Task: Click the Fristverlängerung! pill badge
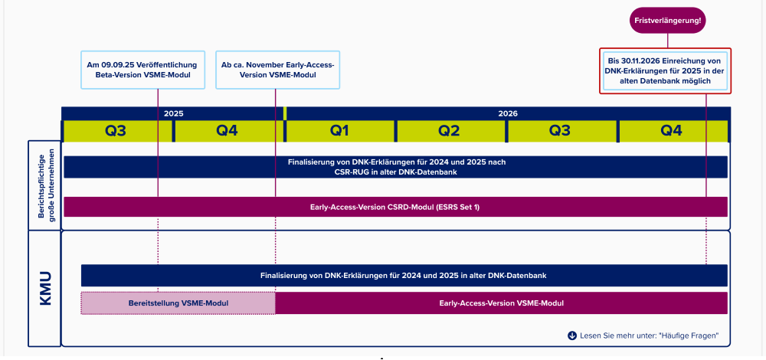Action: click(667, 21)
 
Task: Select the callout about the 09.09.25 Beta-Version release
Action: click(142, 70)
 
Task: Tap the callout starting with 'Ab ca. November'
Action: click(277, 70)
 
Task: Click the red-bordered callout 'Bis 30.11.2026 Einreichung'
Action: click(665, 70)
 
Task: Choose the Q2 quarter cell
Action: click(450, 131)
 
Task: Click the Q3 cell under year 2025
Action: click(116, 131)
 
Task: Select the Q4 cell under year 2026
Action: click(673, 131)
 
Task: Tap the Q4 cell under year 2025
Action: click(228, 131)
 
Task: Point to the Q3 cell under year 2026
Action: click(561, 131)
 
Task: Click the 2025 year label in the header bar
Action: click(173, 113)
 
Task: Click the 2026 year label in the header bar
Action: click(508, 113)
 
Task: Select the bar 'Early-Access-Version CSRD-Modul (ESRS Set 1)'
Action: click(396, 207)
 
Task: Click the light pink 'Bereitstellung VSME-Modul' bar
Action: click(178, 303)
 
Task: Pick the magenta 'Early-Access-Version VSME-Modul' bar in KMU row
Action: click(502, 303)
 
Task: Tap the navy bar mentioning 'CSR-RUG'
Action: click(396, 167)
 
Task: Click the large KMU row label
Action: click(45, 290)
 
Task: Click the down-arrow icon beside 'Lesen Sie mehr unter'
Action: click(572, 335)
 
